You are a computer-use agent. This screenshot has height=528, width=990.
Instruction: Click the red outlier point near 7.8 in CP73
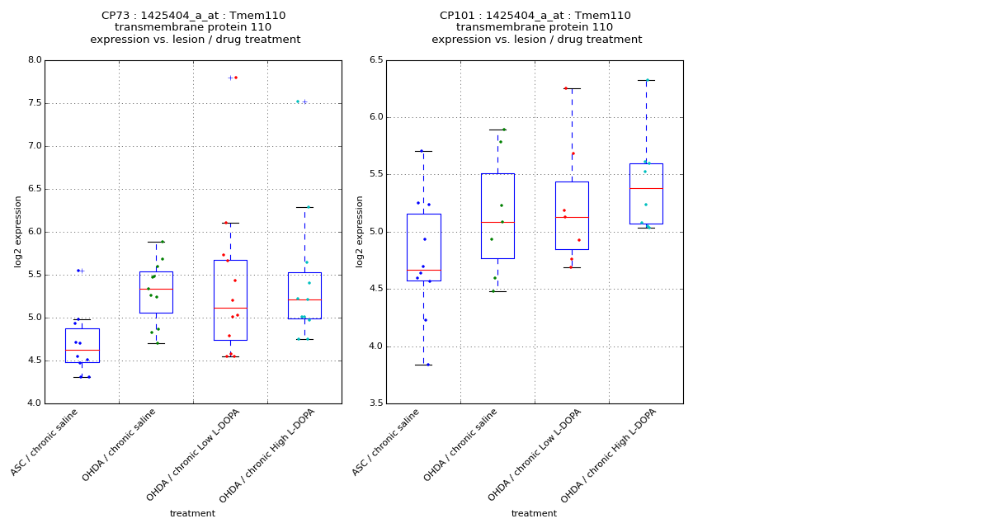tap(236, 78)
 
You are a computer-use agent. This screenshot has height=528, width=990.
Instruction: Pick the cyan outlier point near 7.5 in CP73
tap(298, 101)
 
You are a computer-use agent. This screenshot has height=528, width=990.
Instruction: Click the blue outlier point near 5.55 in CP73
tap(78, 271)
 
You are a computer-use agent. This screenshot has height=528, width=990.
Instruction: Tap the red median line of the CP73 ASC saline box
tap(82, 350)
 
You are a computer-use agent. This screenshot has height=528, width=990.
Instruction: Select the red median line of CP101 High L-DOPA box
tap(646, 188)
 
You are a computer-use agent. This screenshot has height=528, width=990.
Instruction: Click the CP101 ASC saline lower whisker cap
tap(423, 365)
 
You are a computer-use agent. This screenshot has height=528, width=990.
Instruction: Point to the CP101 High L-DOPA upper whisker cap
tap(646, 80)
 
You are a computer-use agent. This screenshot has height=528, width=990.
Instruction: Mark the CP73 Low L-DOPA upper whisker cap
tap(230, 223)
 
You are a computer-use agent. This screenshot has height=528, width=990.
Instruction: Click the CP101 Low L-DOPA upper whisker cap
tap(572, 88)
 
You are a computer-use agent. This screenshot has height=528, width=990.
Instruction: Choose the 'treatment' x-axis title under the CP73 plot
tap(192, 514)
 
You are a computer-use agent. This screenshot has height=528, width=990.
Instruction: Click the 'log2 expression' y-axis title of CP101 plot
tap(360, 232)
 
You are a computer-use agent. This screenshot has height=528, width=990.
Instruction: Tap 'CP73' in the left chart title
tap(115, 16)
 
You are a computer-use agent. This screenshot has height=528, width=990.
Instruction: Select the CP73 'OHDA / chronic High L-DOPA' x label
tap(268, 455)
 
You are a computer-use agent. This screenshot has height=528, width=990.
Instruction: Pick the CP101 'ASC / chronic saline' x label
tap(387, 442)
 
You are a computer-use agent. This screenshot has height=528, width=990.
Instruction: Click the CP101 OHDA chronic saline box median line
tap(497, 222)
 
